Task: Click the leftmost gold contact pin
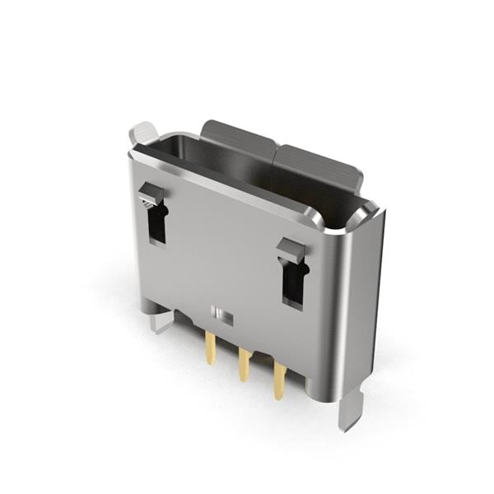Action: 211,349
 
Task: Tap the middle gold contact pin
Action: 245,365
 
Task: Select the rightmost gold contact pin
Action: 279,381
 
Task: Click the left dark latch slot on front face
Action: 157,222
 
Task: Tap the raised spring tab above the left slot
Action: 151,194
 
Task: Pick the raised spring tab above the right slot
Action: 290,248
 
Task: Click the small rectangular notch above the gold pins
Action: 221,314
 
